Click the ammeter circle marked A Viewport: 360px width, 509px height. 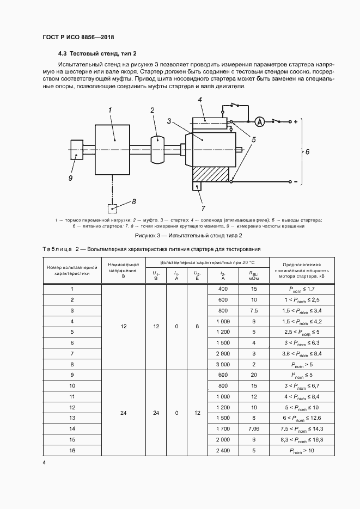pos(260,121)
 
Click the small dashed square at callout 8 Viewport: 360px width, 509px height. pos(112,207)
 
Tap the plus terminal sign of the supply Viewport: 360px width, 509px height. pos(295,121)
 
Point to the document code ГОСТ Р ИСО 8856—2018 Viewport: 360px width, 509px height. pos(78,37)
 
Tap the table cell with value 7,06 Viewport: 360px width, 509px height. pos(254,429)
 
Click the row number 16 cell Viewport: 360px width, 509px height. pos(72,450)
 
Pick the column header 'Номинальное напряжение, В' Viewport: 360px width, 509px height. pos(124,269)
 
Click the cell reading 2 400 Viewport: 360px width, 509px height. pos(223,450)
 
